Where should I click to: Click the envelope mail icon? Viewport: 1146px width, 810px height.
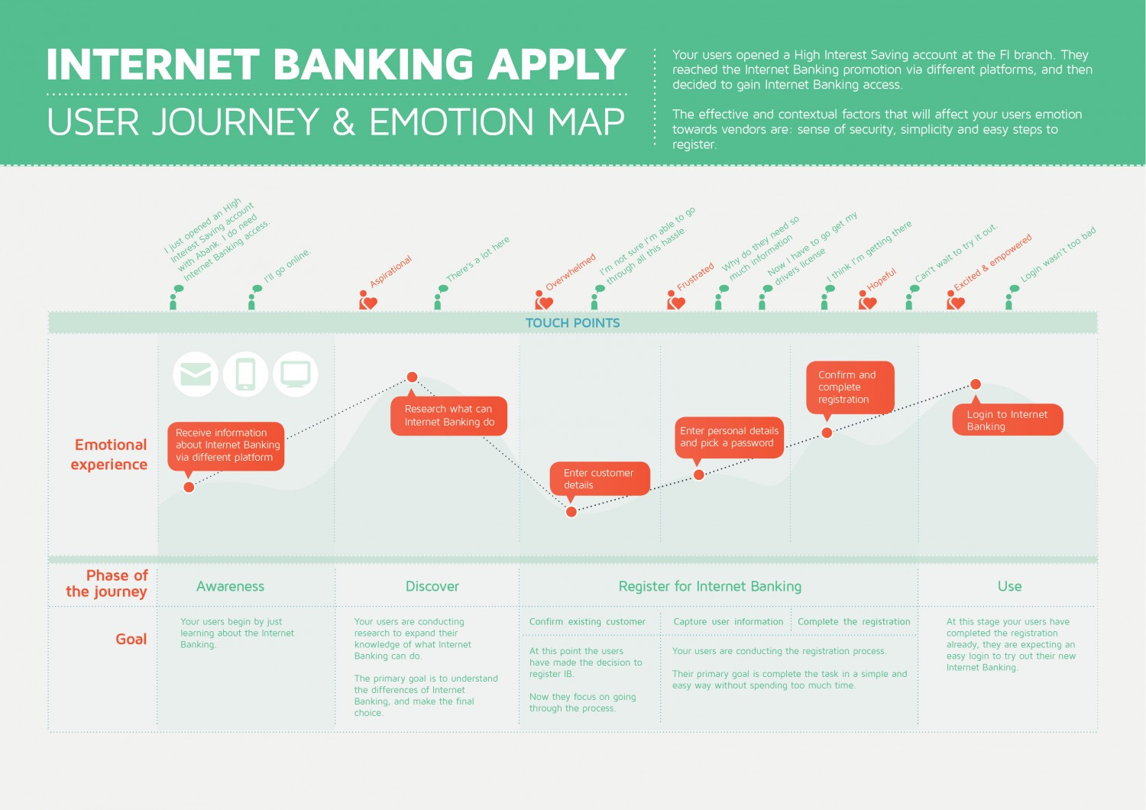196,374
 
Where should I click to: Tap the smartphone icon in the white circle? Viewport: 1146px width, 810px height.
245,374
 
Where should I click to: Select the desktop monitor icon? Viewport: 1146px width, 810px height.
296,374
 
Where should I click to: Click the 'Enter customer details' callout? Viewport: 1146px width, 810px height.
600,478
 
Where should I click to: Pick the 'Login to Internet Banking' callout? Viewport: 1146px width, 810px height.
1008,420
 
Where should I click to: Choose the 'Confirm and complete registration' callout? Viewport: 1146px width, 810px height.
850,387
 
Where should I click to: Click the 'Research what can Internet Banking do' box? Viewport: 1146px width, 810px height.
449,416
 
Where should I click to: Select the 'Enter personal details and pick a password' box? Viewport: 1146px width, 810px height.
729,437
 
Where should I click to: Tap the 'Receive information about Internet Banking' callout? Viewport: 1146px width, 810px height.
226,445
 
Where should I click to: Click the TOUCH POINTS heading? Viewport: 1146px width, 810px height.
573,323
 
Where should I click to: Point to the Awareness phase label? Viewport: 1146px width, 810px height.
230,586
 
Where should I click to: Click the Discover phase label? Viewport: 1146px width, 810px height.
432,586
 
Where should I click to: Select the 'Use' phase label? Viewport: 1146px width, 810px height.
1009,586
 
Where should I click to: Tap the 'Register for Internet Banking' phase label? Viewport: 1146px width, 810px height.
710,586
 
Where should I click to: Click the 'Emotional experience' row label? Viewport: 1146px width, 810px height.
109,454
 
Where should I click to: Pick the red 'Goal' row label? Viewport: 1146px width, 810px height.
131,639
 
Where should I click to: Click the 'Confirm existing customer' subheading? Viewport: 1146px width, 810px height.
587,622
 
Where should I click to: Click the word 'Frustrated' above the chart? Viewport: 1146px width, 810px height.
695,276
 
